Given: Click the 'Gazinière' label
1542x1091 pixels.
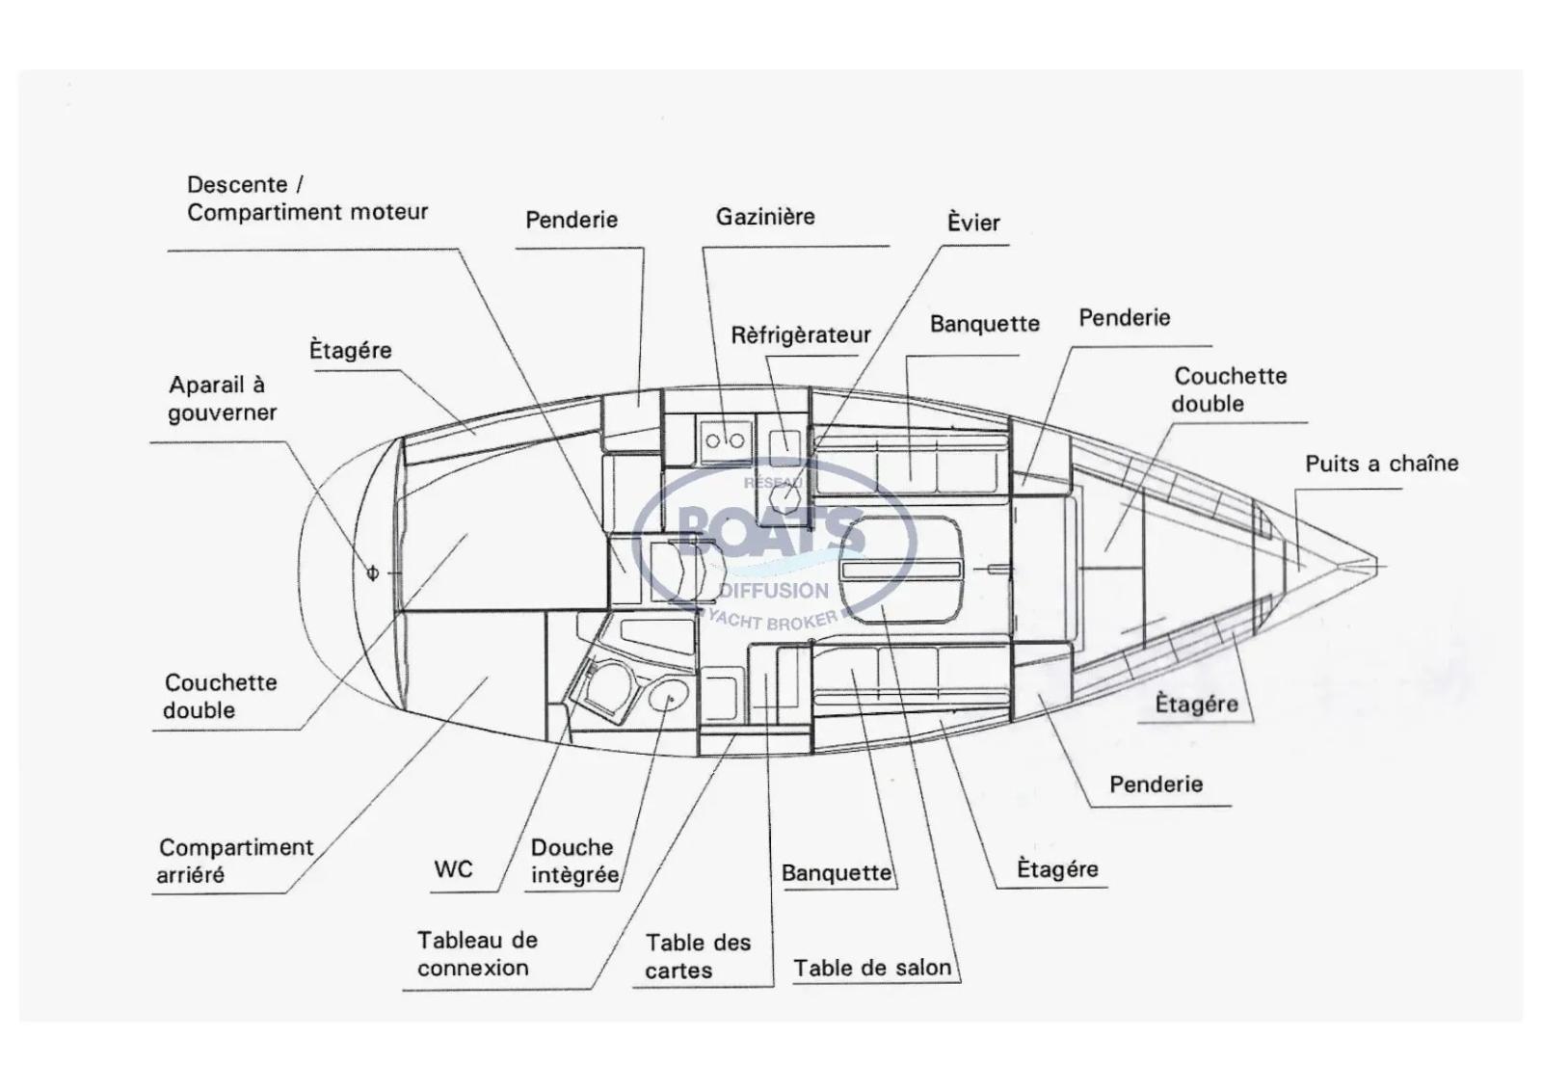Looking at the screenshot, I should pyautogui.click(x=765, y=217).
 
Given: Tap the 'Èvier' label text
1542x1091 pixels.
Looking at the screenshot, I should pyautogui.click(x=973, y=223).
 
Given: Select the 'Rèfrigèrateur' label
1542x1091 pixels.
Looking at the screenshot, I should pyautogui.click(x=800, y=335).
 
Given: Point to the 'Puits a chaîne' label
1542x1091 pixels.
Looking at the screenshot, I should pyautogui.click(x=1381, y=464).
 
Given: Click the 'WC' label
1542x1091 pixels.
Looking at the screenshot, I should pyautogui.click(x=453, y=869).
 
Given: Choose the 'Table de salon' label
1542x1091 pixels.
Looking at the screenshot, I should pyautogui.click(x=872, y=968).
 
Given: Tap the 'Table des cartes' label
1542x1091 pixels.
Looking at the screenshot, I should pyautogui.click(x=698, y=956).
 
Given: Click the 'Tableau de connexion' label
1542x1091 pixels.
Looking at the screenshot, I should pyautogui.click(x=477, y=953).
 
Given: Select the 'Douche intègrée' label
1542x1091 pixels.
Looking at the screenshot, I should pyautogui.click(x=574, y=861).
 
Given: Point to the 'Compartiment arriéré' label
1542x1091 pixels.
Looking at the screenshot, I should pyautogui.click(x=235, y=861).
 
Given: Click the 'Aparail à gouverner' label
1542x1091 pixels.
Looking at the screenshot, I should pyautogui.click(x=223, y=398).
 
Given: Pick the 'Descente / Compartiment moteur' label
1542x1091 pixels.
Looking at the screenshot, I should pyautogui.click(x=306, y=199).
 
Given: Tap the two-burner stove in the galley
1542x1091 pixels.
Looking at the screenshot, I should pyautogui.click(x=725, y=440).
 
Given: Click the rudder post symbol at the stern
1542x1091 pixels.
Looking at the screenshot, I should pyautogui.click(x=373, y=573).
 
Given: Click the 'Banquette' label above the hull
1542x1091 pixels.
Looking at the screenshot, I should pyautogui.click(x=984, y=324).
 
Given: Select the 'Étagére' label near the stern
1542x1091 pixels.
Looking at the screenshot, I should pyautogui.click(x=350, y=350).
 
